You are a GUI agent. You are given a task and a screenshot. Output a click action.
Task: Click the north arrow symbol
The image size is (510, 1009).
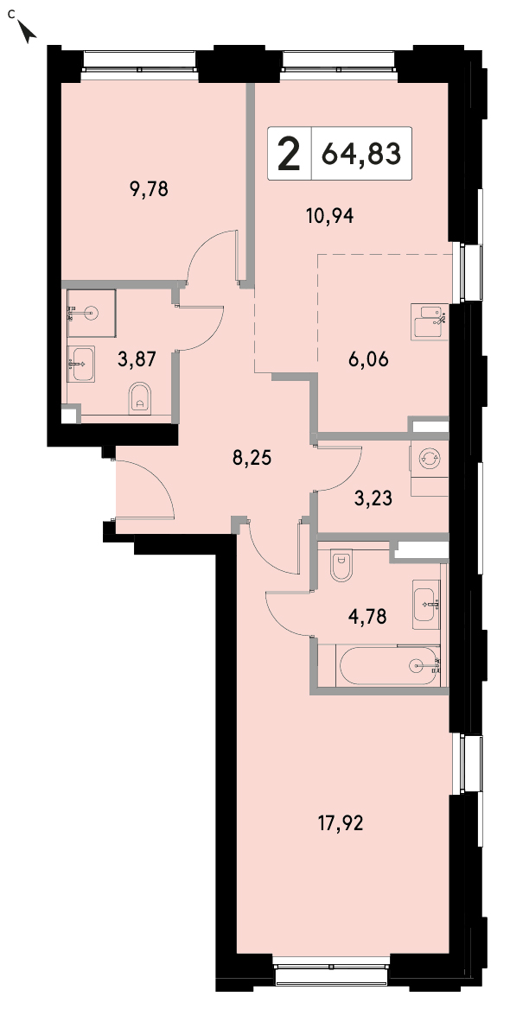[x=27, y=31]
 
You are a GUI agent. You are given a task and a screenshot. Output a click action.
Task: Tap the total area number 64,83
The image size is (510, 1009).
[x=361, y=155]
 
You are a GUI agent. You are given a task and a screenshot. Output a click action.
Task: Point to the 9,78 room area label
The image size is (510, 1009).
[x=150, y=189]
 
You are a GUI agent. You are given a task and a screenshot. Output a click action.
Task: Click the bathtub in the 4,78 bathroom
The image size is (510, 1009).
[x=389, y=666]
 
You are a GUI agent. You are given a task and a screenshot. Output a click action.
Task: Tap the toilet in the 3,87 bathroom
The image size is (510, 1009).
[x=139, y=398]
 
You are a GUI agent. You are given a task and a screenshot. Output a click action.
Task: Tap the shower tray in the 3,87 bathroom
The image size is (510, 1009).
[x=91, y=314]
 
